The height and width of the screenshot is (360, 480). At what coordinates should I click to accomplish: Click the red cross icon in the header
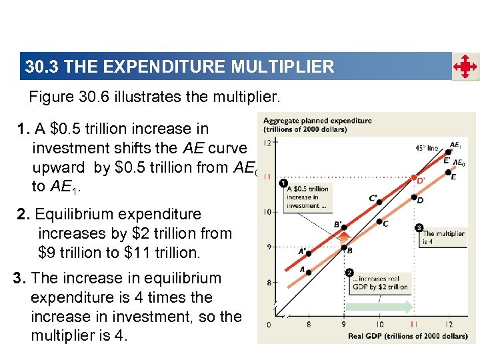point(465,67)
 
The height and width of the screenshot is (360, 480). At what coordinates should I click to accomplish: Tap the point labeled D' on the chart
point(413,175)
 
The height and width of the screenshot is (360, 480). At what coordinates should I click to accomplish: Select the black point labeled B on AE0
point(343,247)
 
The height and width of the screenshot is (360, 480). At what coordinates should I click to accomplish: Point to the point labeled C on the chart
point(379,221)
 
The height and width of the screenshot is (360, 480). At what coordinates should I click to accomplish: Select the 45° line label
point(427,147)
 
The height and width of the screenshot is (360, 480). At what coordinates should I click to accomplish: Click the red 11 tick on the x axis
point(413,324)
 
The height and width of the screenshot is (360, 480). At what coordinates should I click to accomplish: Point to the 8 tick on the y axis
point(268,282)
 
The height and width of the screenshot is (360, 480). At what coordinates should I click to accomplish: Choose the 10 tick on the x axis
point(379,324)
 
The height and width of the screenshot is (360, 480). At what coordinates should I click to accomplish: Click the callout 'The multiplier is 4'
point(443,237)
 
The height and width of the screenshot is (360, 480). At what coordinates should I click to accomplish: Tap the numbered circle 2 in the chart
point(349,273)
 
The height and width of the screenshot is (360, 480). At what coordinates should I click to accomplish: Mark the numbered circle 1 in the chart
point(283,183)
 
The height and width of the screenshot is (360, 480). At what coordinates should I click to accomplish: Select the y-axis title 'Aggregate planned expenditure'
point(317,125)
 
